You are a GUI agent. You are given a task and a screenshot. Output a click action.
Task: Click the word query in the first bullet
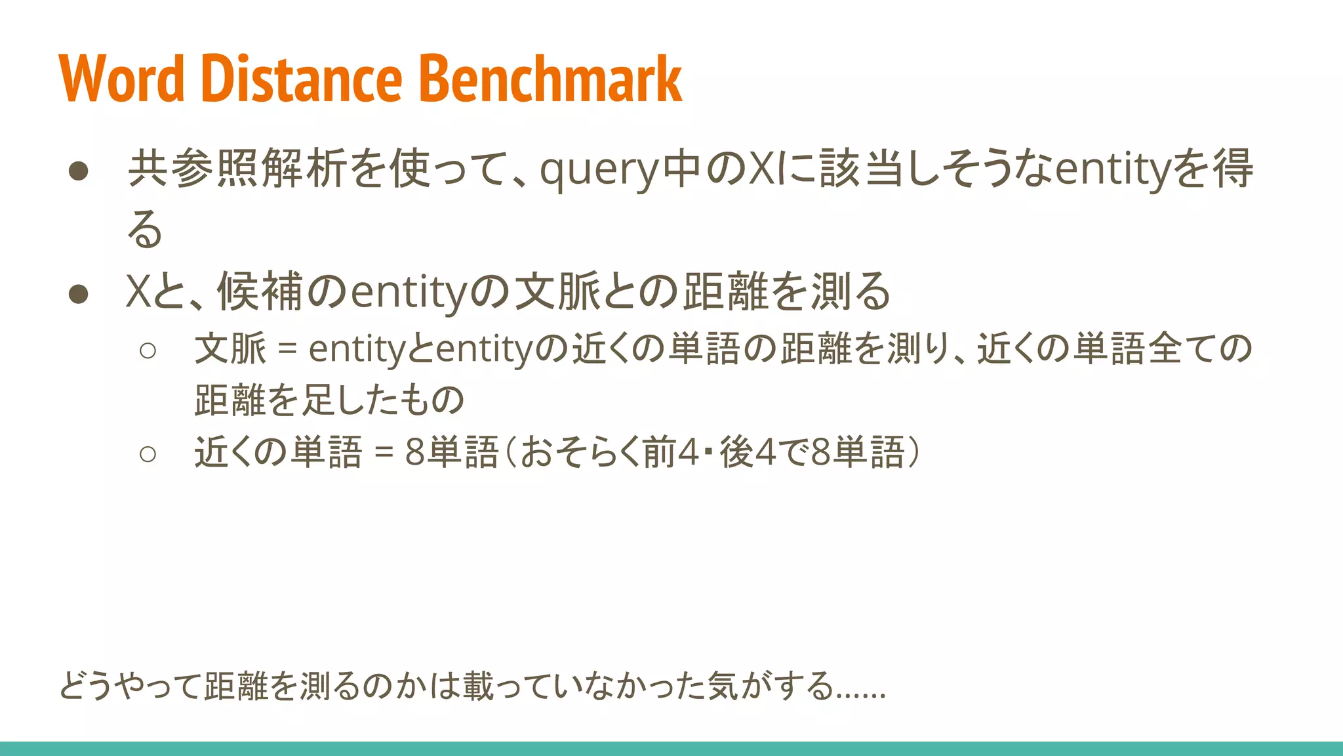pos(599,169)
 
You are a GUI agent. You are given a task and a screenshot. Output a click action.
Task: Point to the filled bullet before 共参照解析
pos(79,171)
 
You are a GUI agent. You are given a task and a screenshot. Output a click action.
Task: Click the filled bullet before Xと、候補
pos(79,293)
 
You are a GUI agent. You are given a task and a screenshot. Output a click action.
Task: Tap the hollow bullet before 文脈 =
pos(148,350)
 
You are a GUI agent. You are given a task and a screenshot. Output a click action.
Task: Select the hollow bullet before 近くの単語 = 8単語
pos(148,453)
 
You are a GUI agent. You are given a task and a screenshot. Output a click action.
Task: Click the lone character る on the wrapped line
pos(144,230)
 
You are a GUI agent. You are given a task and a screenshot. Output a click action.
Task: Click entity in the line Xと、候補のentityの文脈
pos(410,292)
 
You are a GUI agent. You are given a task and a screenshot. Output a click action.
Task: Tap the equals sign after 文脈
pos(287,349)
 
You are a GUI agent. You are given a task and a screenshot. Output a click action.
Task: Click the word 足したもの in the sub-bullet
pos(382,400)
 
